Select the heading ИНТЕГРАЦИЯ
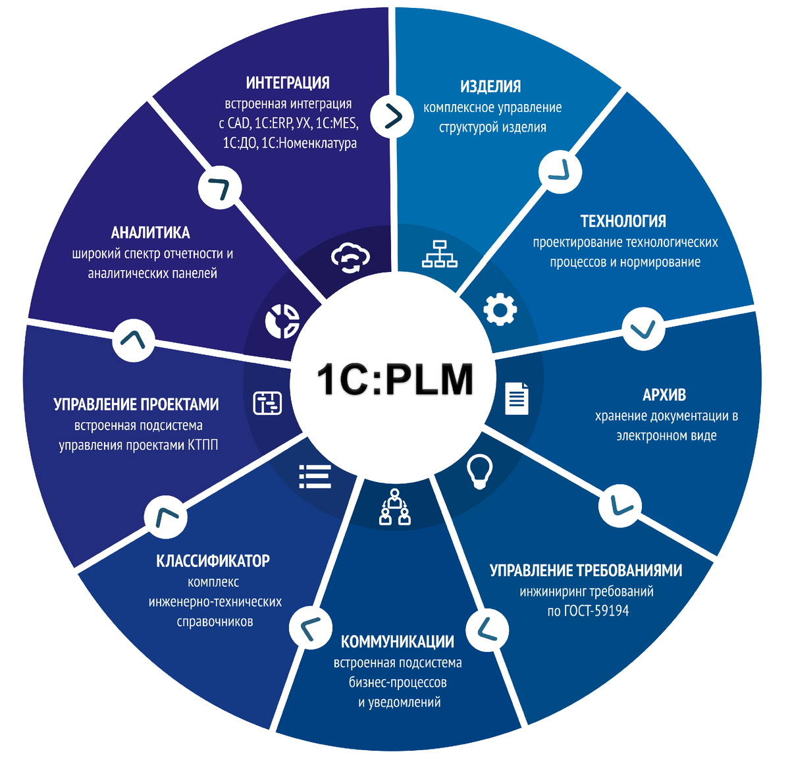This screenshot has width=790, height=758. pyautogui.click(x=288, y=83)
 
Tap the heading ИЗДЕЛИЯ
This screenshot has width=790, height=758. pyautogui.click(x=490, y=86)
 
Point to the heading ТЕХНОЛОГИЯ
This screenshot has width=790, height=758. pyautogui.click(x=623, y=221)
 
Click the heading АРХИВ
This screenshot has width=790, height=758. pyautogui.click(x=664, y=395)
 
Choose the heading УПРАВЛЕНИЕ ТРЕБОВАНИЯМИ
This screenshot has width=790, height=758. pyautogui.click(x=585, y=570)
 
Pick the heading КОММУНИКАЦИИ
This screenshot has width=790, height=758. pyautogui.click(x=398, y=641)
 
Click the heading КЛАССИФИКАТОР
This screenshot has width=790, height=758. pyautogui.click(x=213, y=561)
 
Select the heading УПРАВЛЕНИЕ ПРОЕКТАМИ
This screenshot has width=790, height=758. pyautogui.click(x=136, y=404)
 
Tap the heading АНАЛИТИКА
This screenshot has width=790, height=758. pyautogui.click(x=151, y=232)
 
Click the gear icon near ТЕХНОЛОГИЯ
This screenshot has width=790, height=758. pyautogui.click(x=500, y=309)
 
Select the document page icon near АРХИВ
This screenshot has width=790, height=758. pyautogui.click(x=517, y=398)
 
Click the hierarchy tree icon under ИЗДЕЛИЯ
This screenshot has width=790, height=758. pyautogui.click(x=439, y=254)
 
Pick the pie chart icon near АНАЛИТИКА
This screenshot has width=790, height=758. pyautogui.click(x=282, y=321)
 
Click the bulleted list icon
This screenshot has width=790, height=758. pyautogui.click(x=315, y=476)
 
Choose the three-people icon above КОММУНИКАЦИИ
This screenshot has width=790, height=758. pyautogui.click(x=395, y=507)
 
